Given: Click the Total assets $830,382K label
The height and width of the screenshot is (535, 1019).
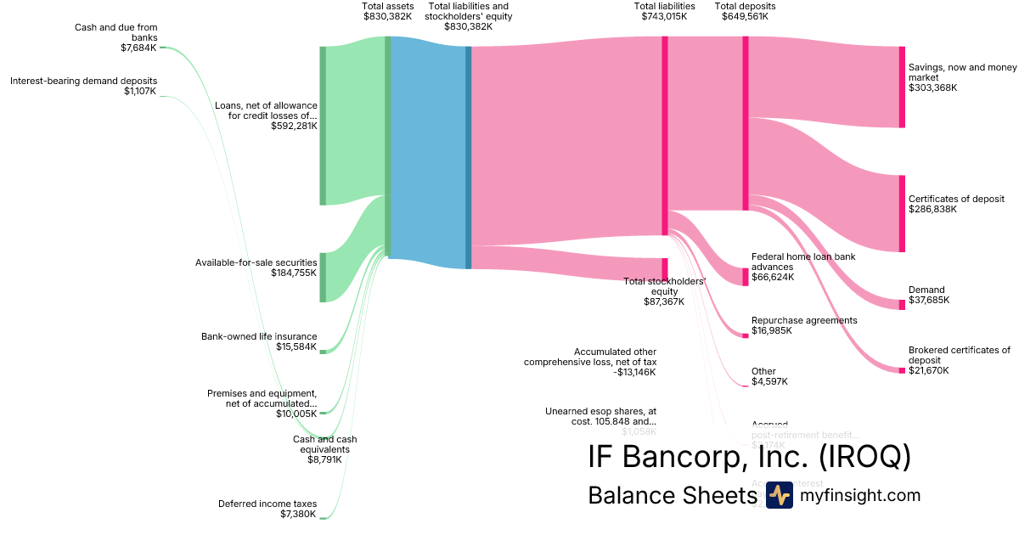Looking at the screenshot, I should pyautogui.click(x=388, y=11).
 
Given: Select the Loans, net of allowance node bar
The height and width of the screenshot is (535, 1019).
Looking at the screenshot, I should pyautogui.click(x=323, y=126).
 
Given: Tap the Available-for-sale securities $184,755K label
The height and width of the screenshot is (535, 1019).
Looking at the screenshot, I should pyautogui.click(x=256, y=267).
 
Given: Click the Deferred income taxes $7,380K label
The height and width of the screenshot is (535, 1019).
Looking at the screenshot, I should pyautogui.click(x=267, y=509).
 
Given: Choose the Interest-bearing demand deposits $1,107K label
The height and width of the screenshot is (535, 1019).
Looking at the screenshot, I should pyautogui.click(x=83, y=86).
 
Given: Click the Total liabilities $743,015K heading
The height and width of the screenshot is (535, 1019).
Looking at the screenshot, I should pyautogui.click(x=664, y=11).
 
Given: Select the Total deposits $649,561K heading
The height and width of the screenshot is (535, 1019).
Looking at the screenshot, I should pyautogui.click(x=745, y=11).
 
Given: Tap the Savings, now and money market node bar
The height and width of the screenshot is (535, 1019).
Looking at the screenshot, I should pyautogui.click(x=902, y=87).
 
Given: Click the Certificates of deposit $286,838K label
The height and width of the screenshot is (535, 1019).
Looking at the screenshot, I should pyautogui.click(x=956, y=204).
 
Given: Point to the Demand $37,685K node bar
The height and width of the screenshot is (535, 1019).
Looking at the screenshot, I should pyautogui.click(x=902, y=305).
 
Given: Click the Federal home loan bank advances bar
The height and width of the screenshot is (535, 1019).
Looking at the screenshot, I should pyautogui.click(x=746, y=277).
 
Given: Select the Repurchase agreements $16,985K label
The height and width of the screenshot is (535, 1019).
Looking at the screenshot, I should pyautogui.click(x=804, y=325).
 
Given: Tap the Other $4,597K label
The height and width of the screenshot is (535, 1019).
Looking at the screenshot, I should pyautogui.click(x=769, y=376).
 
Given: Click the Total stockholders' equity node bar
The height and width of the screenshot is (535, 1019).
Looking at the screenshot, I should pyautogui.click(x=665, y=269).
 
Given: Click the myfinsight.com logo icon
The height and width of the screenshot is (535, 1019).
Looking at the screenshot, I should pyautogui.click(x=779, y=495).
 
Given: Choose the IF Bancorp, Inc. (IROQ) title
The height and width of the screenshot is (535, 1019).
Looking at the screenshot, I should pyautogui.click(x=749, y=456).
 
